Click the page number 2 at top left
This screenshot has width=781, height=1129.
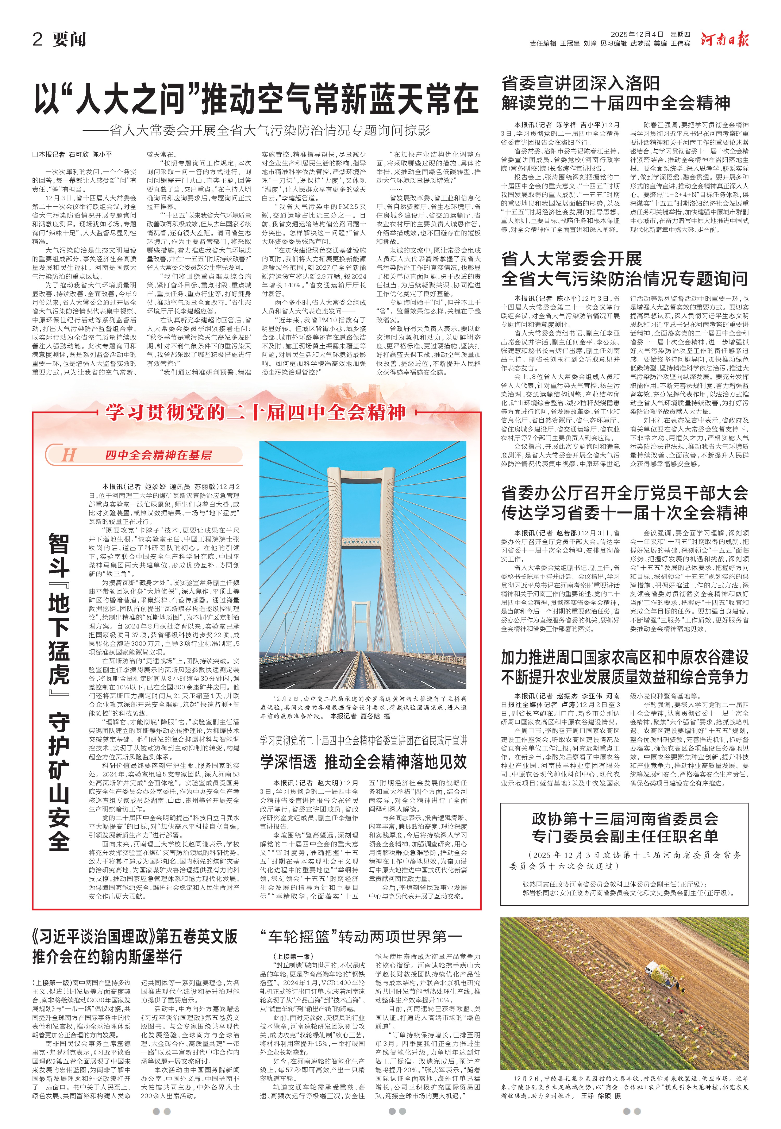[38, 39]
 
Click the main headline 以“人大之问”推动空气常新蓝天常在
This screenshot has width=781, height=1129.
[255, 99]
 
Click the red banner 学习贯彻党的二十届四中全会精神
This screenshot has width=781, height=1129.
[256, 412]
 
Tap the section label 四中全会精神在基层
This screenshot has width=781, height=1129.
[158, 455]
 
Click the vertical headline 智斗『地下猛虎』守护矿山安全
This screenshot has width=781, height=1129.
[59, 690]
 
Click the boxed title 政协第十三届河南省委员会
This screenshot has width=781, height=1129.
[624, 818]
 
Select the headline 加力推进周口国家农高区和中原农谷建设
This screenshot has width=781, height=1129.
[624, 657]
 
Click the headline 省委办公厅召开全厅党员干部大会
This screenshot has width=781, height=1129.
[624, 493]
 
